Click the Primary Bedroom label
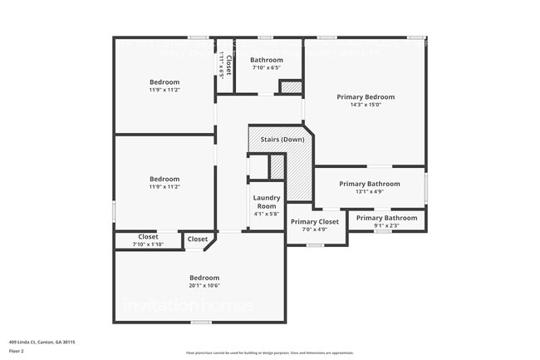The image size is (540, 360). click(x=366, y=97)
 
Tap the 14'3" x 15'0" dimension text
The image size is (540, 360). click(x=366, y=106)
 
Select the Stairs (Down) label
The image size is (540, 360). click(x=281, y=139)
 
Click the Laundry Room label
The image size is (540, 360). click(x=267, y=202)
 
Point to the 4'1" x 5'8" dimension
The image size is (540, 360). click(x=267, y=214)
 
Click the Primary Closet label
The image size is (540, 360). click(x=315, y=222)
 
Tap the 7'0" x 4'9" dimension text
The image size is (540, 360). click(x=315, y=229)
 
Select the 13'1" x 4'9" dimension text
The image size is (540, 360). click(x=370, y=192)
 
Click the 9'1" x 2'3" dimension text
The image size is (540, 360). click(x=386, y=225)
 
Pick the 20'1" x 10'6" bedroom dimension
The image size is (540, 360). click(x=204, y=286)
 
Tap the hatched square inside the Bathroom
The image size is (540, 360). click(x=290, y=86)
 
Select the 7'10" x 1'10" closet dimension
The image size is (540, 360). click(x=148, y=244)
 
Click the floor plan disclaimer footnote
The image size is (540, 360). click(x=269, y=353)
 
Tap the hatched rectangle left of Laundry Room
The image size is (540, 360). click(x=277, y=167)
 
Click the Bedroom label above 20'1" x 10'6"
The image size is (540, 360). click(x=204, y=278)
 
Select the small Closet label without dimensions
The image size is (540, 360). click(x=198, y=239)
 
